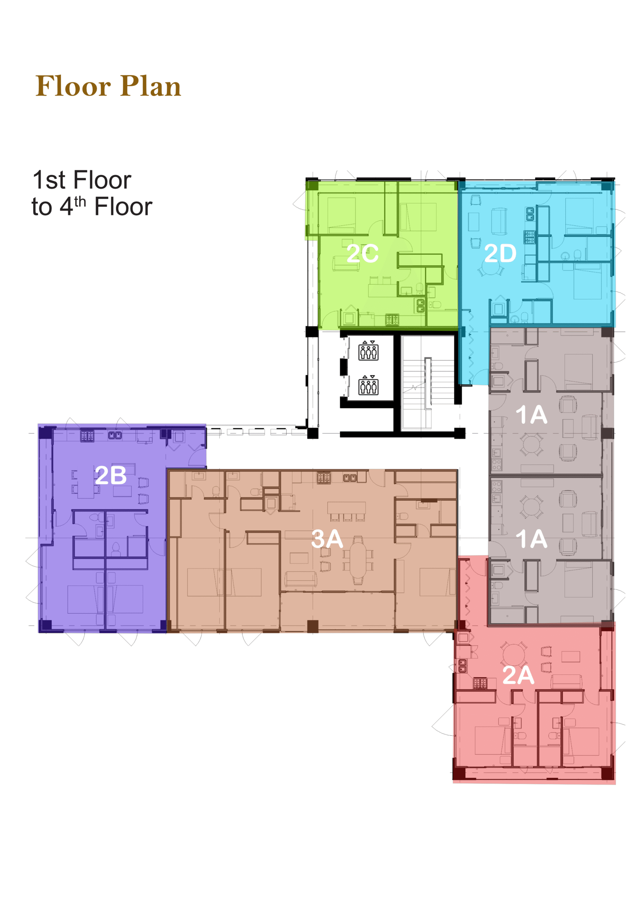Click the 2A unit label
(518, 675)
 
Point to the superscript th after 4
(80, 202)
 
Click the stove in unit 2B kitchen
(87, 436)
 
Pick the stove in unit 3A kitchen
(324, 478)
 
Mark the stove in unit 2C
(392, 319)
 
